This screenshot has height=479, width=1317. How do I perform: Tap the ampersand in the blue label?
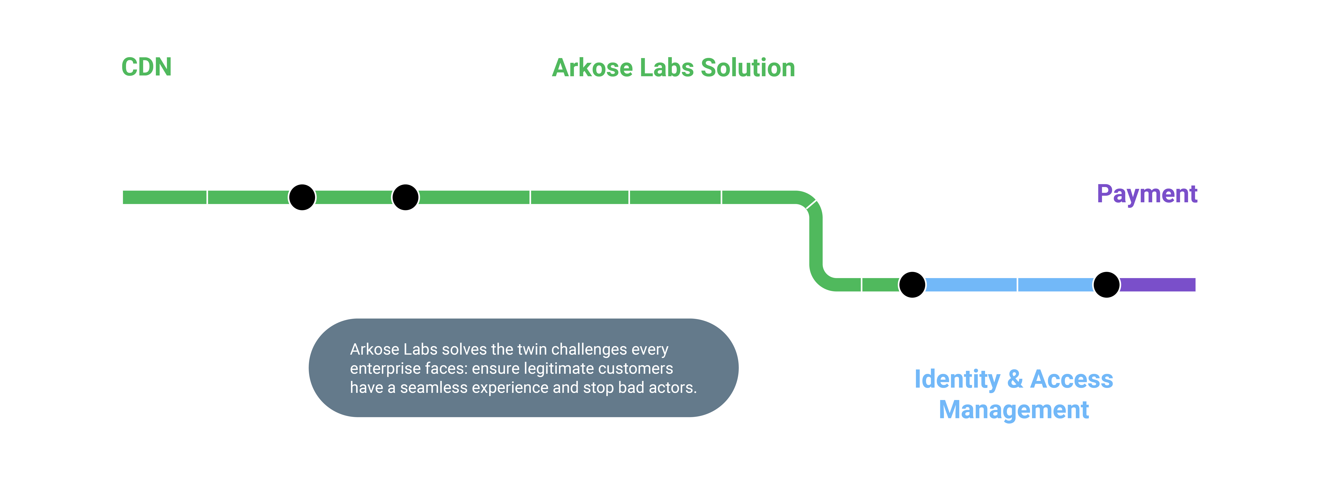point(1015,379)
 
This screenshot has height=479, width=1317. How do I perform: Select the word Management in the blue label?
point(1014,410)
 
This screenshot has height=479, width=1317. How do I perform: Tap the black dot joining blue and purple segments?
point(1106,285)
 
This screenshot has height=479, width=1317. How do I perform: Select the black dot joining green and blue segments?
point(912,285)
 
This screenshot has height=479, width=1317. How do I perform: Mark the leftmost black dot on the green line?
point(302,197)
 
